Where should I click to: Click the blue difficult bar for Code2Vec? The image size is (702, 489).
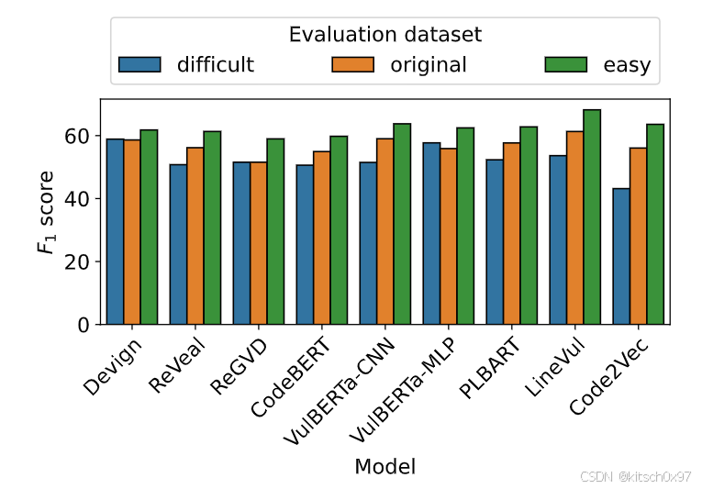pos(621,256)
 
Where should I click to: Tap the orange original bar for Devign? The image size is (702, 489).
pos(132,232)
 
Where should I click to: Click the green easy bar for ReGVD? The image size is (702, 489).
pos(275,231)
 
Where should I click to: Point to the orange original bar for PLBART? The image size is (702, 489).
pos(512,234)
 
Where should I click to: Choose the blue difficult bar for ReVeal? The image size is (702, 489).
pos(178,244)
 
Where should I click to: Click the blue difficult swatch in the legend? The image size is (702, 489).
pos(139,64)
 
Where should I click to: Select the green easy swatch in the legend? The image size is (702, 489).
pos(566,64)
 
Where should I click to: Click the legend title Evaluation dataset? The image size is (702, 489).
pos(384,35)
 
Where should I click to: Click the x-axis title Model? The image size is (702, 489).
pos(384,466)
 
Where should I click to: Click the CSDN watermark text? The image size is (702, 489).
pos(635,476)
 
